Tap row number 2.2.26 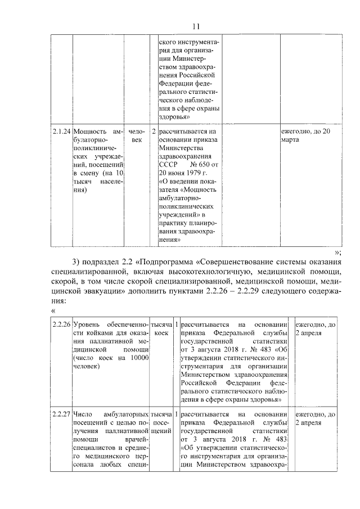coord(61,325)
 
